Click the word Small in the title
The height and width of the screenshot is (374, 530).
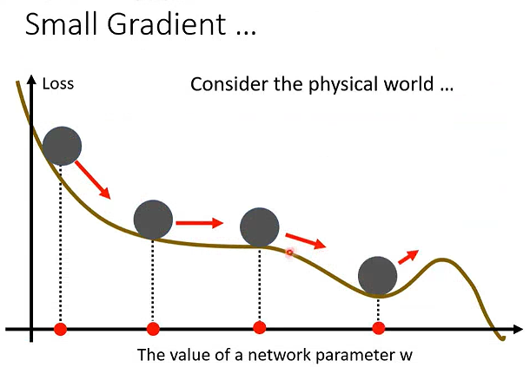62,23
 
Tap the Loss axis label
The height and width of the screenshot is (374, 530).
58,83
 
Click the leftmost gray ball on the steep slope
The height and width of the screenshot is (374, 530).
62,146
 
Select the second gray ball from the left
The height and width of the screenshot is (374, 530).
153,220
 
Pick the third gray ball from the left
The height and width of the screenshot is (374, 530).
260,227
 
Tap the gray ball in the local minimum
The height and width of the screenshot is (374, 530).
378,276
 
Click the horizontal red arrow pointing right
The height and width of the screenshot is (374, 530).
200,223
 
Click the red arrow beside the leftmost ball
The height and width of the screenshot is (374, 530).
93,180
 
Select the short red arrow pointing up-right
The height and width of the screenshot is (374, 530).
408,257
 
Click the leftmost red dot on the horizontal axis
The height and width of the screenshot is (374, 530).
61,328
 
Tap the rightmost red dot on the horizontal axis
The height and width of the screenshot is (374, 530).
378,328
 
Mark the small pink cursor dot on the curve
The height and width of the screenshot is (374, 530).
289,253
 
